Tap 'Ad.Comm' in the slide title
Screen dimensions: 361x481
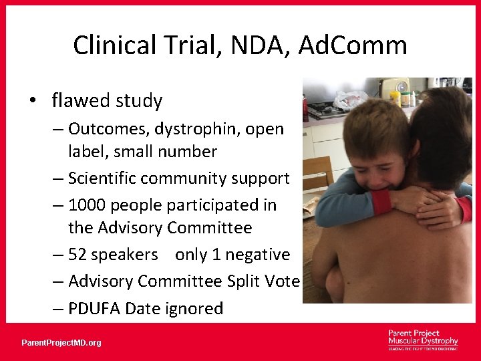coord(353,45)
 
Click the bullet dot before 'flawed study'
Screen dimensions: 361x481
coord(33,101)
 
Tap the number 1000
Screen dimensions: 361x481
coord(86,205)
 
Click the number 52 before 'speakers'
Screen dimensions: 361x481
coord(78,254)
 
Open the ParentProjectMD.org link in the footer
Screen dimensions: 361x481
coord(61,342)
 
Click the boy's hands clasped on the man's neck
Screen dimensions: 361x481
coord(428,201)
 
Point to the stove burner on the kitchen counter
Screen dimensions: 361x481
coord(321,108)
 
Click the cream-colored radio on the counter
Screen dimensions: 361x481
coord(394,86)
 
